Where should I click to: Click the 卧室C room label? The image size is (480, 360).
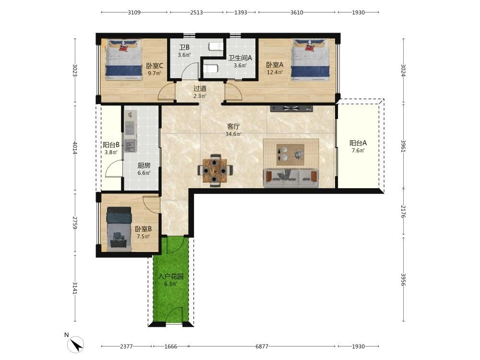point(154,66)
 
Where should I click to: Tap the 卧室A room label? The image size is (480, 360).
point(275,65)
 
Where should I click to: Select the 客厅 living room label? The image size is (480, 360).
point(233,126)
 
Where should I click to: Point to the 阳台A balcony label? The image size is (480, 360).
point(358,143)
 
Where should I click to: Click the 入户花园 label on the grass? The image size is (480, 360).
point(170,276)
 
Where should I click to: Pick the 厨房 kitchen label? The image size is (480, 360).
point(144,166)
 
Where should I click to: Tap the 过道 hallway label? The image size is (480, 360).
point(200,88)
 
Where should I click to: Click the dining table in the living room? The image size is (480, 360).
point(215,170)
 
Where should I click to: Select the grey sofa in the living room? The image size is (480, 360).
point(291,178)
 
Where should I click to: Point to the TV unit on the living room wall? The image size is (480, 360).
point(291,108)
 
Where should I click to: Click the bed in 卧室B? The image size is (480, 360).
point(119,229)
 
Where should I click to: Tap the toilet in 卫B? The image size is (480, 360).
point(216,47)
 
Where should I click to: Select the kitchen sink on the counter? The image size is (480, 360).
point(131,145)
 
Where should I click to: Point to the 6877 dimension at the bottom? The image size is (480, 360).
point(262,347)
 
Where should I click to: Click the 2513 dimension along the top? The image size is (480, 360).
point(196,12)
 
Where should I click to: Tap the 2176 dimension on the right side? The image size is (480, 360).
point(403,212)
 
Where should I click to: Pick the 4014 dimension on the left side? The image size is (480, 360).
point(75,148)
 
